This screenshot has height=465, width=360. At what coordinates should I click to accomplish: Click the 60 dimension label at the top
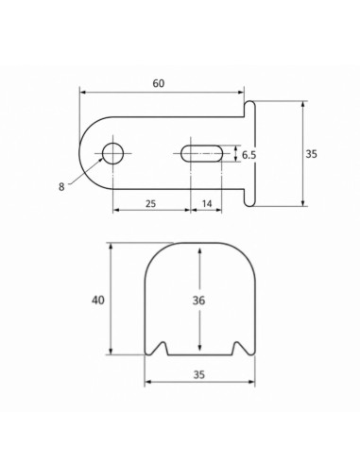pos(159,83)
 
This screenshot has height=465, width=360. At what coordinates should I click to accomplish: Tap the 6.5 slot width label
pos(249,155)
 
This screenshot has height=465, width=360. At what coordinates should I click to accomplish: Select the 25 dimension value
pos(151,203)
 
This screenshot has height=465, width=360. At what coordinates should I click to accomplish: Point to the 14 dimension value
pos(207,203)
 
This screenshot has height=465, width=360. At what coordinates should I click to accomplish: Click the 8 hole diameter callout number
pos(61,187)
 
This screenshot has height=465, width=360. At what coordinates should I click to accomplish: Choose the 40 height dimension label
pos(98,301)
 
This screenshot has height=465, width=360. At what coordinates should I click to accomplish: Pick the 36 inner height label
pos(198,301)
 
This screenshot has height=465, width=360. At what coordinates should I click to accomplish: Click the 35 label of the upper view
pos(311,154)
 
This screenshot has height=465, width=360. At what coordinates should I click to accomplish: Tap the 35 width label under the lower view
pos(199,374)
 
